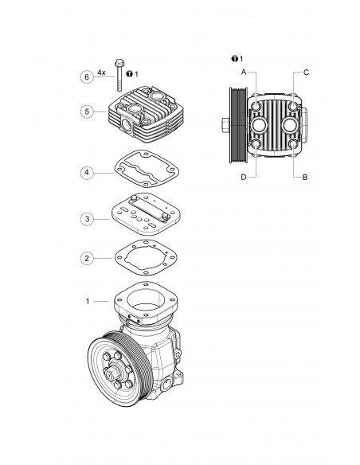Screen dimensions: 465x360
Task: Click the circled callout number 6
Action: pos(87,76)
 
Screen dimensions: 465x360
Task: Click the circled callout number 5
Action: pos(87,112)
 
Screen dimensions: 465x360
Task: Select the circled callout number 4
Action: pos(87,171)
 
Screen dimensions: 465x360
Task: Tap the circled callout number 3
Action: pos(87,217)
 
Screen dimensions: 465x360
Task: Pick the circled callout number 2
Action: pos(87,259)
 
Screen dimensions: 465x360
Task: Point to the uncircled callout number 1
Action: pos(87,302)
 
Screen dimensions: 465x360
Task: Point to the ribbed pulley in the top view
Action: pos(235,124)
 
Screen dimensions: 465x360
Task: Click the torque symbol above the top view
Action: pos(233,59)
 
